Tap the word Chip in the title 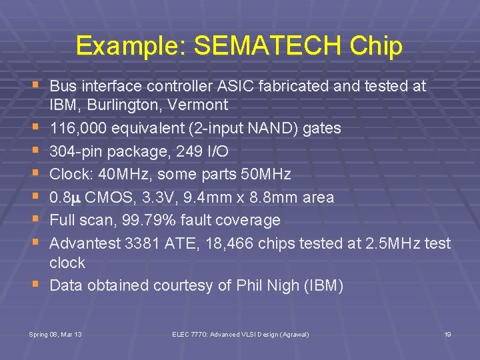pos(374,47)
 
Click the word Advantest pos(85,243)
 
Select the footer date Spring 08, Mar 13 pos(55,333)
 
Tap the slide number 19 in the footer pos(448,333)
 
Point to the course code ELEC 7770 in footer pos(193,333)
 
